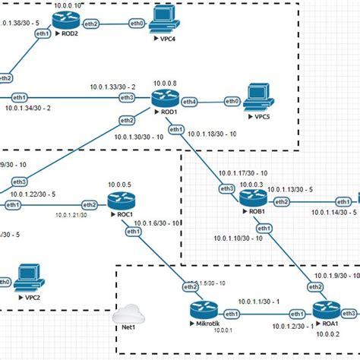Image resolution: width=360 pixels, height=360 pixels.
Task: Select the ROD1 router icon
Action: click(163, 99)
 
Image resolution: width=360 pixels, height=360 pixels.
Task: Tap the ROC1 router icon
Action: click(119, 201)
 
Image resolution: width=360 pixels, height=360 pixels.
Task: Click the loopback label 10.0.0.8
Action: click(164, 82)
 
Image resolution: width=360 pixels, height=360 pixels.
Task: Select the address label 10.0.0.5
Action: click(119, 185)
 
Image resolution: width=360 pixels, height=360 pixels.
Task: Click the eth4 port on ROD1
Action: click(189, 101)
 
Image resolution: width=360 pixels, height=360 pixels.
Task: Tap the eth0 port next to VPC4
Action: click(137, 24)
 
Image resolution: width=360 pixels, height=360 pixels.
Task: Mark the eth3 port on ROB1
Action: click(226, 188)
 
